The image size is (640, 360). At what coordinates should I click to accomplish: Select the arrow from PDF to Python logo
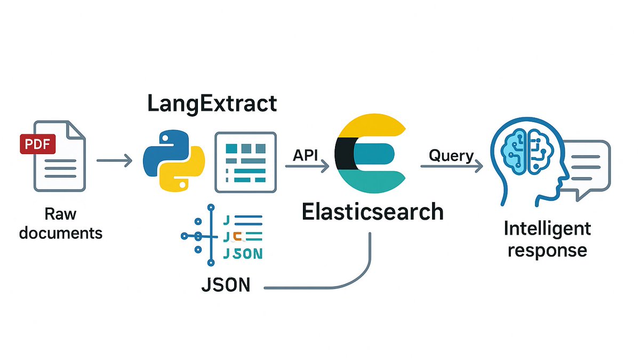click(x=114, y=160)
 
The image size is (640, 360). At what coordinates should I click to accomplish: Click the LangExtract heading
click(x=212, y=103)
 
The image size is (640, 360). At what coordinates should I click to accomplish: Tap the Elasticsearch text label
click(x=372, y=212)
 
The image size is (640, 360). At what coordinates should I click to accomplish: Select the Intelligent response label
click(x=547, y=239)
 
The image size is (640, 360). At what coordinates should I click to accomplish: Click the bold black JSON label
click(x=226, y=285)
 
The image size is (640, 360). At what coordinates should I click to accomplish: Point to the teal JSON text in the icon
click(x=243, y=254)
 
